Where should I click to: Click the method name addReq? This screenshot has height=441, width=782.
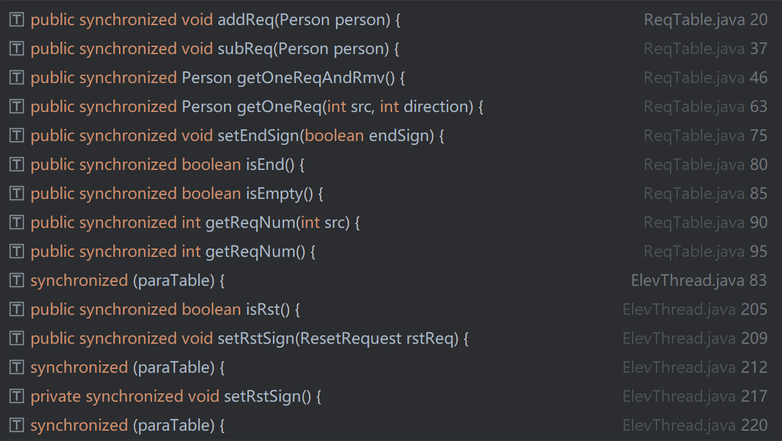[246, 20]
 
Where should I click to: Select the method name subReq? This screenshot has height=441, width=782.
[245, 49]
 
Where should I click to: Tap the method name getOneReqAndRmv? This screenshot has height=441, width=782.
[311, 78]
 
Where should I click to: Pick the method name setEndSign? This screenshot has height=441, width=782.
[258, 136]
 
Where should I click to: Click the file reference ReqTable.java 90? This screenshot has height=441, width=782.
[705, 223]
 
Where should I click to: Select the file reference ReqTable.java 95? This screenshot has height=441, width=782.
[705, 252]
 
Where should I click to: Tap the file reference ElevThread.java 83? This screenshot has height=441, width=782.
[699, 281]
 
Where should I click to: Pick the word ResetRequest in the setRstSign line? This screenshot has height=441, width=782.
[351, 339]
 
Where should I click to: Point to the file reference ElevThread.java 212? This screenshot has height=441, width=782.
[695, 368]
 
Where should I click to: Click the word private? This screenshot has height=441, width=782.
[56, 397]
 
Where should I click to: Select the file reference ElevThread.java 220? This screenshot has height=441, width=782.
[695, 426]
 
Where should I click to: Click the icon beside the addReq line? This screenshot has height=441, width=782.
[16, 19]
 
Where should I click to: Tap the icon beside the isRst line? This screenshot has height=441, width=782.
[16, 310]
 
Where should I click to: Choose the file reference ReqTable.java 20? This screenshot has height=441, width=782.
[705, 20]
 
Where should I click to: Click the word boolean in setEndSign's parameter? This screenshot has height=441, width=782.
[334, 136]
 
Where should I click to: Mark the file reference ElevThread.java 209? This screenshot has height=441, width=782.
[695, 339]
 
